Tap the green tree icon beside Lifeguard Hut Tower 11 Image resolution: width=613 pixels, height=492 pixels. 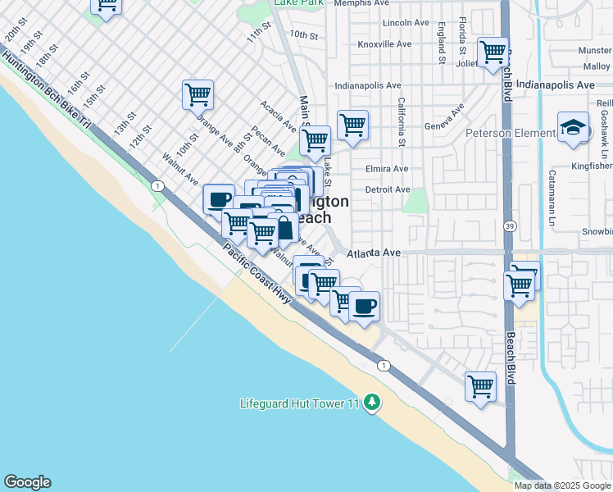pyautogui.click(x=373, y=402)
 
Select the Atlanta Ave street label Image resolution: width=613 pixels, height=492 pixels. pyautogui.click(x=373, y=253)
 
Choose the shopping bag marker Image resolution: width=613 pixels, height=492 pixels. pyautogui.click(x=284, y=229)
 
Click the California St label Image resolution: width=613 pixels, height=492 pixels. pyautogui.click(x=402, y=122)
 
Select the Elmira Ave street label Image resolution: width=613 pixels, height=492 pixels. pyautogui.click(x=387, y=169)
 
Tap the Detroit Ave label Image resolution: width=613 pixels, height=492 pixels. pyautogui.click(x=387, y=189)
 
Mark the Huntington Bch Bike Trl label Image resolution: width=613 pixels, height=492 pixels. pyautogui.click(x=46, y=90)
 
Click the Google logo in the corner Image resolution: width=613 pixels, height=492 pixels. pyautogui.click(x=28, y=482)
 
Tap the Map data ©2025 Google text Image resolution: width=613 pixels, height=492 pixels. pyautogui.click(x=562, y=485)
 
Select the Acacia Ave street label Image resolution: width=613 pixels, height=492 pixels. pyautogui.click(x=278, y=116)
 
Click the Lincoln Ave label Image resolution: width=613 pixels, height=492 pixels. pyautogui.click(x=406, y=23)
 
